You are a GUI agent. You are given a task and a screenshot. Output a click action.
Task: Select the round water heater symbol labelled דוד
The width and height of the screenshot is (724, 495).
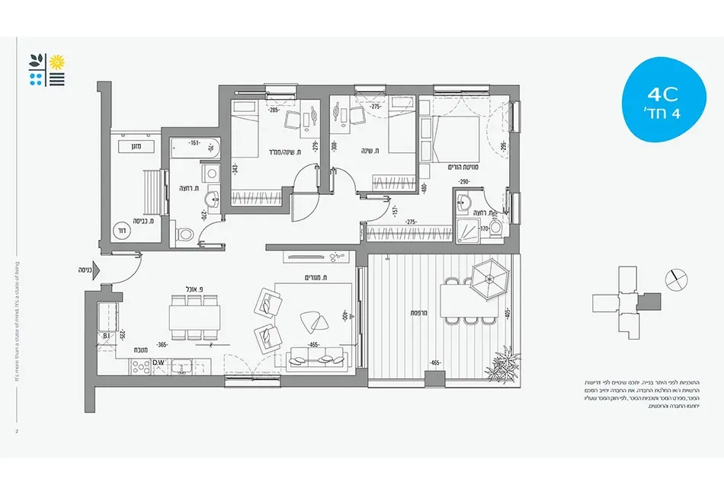(122, 229)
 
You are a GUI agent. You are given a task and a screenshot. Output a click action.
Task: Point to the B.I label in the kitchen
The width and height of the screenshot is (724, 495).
(106, 335)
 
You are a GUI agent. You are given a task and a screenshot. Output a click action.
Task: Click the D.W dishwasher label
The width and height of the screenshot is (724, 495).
(159, 362)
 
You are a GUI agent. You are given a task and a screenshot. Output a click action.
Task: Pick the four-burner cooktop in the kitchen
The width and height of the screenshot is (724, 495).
(141, 366)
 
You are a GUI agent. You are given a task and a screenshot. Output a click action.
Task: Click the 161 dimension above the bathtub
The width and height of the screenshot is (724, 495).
(194, 142)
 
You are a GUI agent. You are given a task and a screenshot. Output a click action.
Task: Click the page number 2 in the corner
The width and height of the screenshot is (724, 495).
(16, 431)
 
